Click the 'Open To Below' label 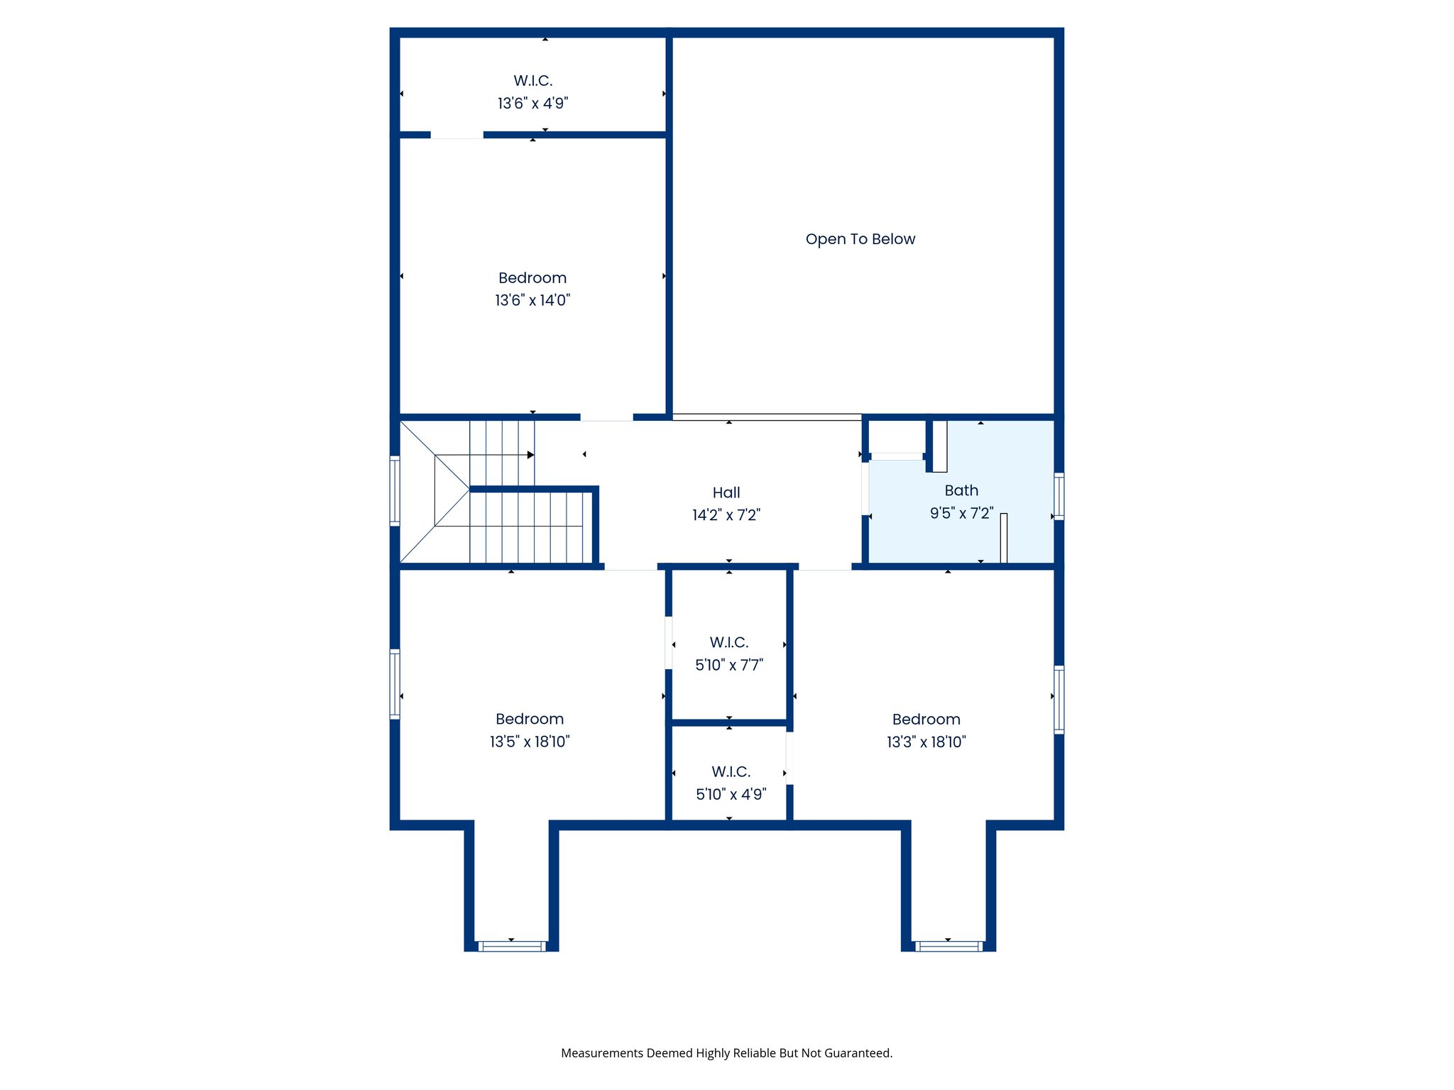pos(860,239)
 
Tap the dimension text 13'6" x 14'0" pos(532,300)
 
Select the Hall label pos(726,492)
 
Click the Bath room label pos(961,490)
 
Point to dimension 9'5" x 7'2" pos(961,513)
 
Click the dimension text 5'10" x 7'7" pos(729,665)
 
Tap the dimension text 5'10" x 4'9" pos(731,794)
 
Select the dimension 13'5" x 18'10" pos(530,742)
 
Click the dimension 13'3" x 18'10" pos(926,742)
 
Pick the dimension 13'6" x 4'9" pos(532,104)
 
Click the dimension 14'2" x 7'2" pos(726,515)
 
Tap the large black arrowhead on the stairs pos(530,455)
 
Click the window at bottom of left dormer pos(512,946)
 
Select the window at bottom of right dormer pos(949,946)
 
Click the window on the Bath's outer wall pos(1059,496)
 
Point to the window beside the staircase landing pos(395,491)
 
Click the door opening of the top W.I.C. pos(457,135)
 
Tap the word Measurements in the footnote pos(602,1053)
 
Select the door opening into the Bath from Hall pos(865,488)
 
